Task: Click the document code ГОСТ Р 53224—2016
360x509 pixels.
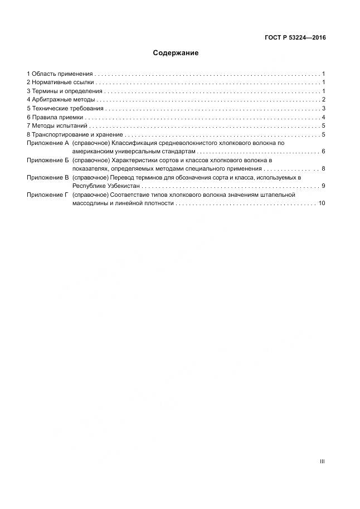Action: click(x=295, y=38)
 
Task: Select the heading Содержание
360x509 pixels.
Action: click(x=176, y=54)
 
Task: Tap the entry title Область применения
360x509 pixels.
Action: click(x=61, y=74)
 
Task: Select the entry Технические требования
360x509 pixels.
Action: click(x=67, y=108)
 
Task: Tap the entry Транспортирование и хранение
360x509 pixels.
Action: click(x=77, y=134)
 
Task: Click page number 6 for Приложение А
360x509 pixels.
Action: click(x=323, y=152)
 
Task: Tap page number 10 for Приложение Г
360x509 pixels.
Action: click(x=322, y=203)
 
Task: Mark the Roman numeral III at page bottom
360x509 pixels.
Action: click(x=322, y=462)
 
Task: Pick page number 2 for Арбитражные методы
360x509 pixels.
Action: click(x=323, y=100)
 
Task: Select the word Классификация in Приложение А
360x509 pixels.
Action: click(x=133, y=143)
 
